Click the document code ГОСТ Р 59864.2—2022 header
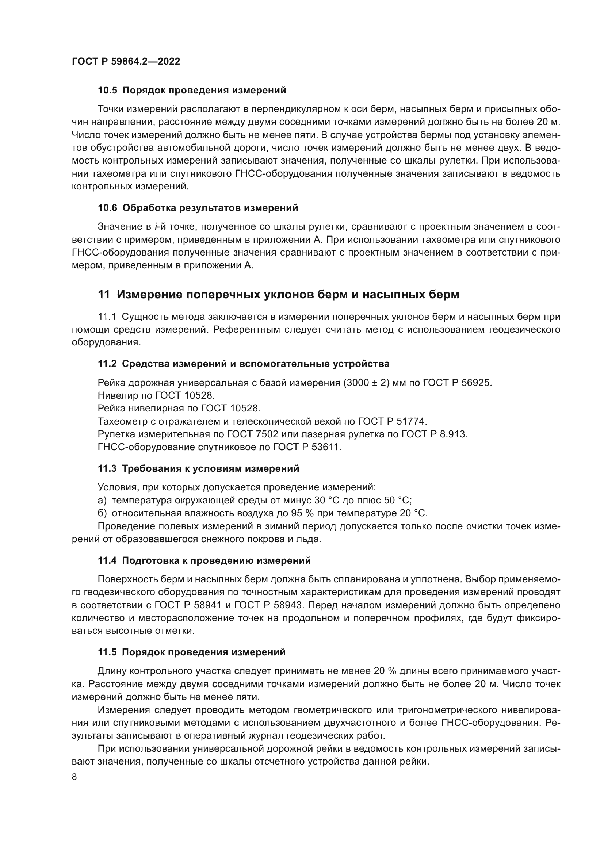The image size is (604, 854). pyautogui.click(x=126, y=61)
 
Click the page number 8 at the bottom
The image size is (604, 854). pyautogui.click(x=74, y=777)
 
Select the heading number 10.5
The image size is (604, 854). pyautogui.click(x=107, y=91)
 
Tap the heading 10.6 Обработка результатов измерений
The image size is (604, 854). pyautogui.click(x=198, y=208)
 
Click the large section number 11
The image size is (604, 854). pyautogui.click(x=104, y=295)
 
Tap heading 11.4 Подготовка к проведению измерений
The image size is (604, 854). pyautogui.click(x=204, y=560)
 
